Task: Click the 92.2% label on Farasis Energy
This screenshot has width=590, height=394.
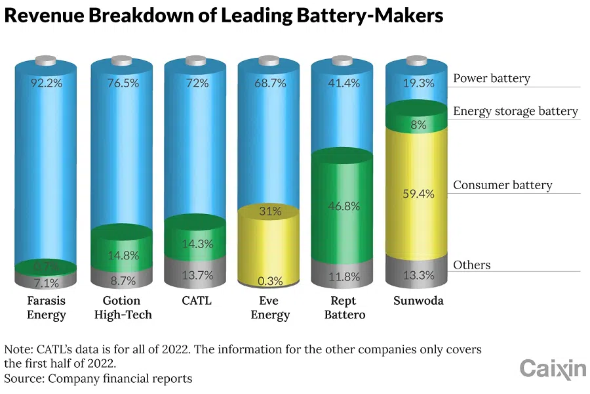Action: [47, 83]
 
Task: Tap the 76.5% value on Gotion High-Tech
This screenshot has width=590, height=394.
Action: [122, 83]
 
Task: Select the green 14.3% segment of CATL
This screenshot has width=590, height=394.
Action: [196, 244]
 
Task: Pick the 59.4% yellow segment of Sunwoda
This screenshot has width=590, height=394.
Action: [418, 194]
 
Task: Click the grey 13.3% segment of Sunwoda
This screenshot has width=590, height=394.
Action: [418, 275]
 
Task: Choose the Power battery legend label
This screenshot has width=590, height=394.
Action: [491, 79]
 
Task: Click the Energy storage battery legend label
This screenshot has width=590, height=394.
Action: [515, 111]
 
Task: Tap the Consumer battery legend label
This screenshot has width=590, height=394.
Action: [502, 185]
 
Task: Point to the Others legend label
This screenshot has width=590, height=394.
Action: [471, 265]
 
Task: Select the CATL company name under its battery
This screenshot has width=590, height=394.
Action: [196, 301]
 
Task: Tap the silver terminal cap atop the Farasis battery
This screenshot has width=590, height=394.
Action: [47, 61]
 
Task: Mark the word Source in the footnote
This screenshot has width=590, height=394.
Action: [22, 378]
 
